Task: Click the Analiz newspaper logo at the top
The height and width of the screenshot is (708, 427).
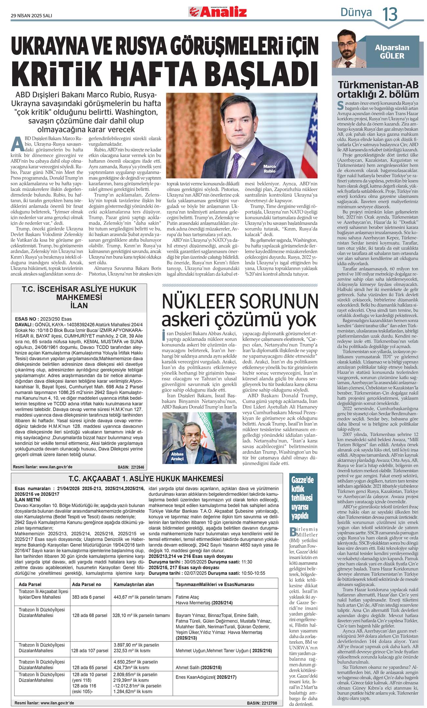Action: click(x=217, y=12)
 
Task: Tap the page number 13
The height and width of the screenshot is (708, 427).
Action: click(x=390, y=14)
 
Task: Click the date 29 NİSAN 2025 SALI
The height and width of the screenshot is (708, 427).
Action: click(x=31, y=15)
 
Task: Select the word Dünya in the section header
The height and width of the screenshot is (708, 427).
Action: click(x=356, y=12)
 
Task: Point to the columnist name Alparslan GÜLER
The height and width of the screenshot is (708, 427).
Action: click(x=392, y=52)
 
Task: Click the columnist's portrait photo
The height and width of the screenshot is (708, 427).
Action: click(x=349, y=49)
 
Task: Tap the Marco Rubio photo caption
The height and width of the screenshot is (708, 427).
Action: click(x=269, y=168)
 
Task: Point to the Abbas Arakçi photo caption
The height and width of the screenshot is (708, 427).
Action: click(x=177, y=456)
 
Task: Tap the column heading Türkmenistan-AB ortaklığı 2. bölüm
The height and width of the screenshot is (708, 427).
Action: click(x=378, y=90)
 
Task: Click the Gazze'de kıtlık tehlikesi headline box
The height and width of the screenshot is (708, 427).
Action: click(x=302, y=498)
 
